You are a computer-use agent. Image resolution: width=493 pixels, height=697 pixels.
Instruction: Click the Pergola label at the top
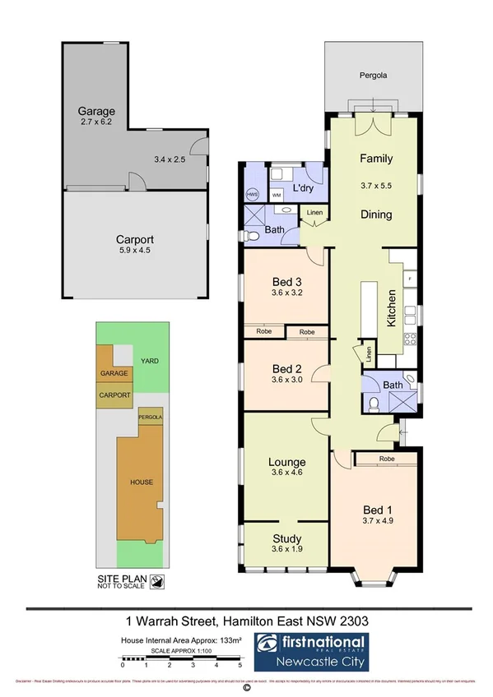(373, 76)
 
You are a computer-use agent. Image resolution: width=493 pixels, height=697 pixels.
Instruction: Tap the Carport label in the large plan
(135, 240)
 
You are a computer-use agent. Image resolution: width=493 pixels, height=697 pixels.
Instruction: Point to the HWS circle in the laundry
(253, 195)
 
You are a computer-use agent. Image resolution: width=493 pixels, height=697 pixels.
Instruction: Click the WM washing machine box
(277, 196)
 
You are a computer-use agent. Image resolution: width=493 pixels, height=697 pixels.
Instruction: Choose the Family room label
(375, 159)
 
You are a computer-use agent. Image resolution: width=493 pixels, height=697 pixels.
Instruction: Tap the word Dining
(375, 215)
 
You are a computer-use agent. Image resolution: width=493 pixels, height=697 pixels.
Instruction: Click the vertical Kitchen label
(392, 308)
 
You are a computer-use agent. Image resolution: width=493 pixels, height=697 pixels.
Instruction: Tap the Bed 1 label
(374, 507)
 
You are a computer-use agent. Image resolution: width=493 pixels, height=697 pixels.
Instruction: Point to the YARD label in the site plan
(148, 359)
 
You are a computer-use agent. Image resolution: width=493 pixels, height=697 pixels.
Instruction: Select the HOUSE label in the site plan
(142, 482)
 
